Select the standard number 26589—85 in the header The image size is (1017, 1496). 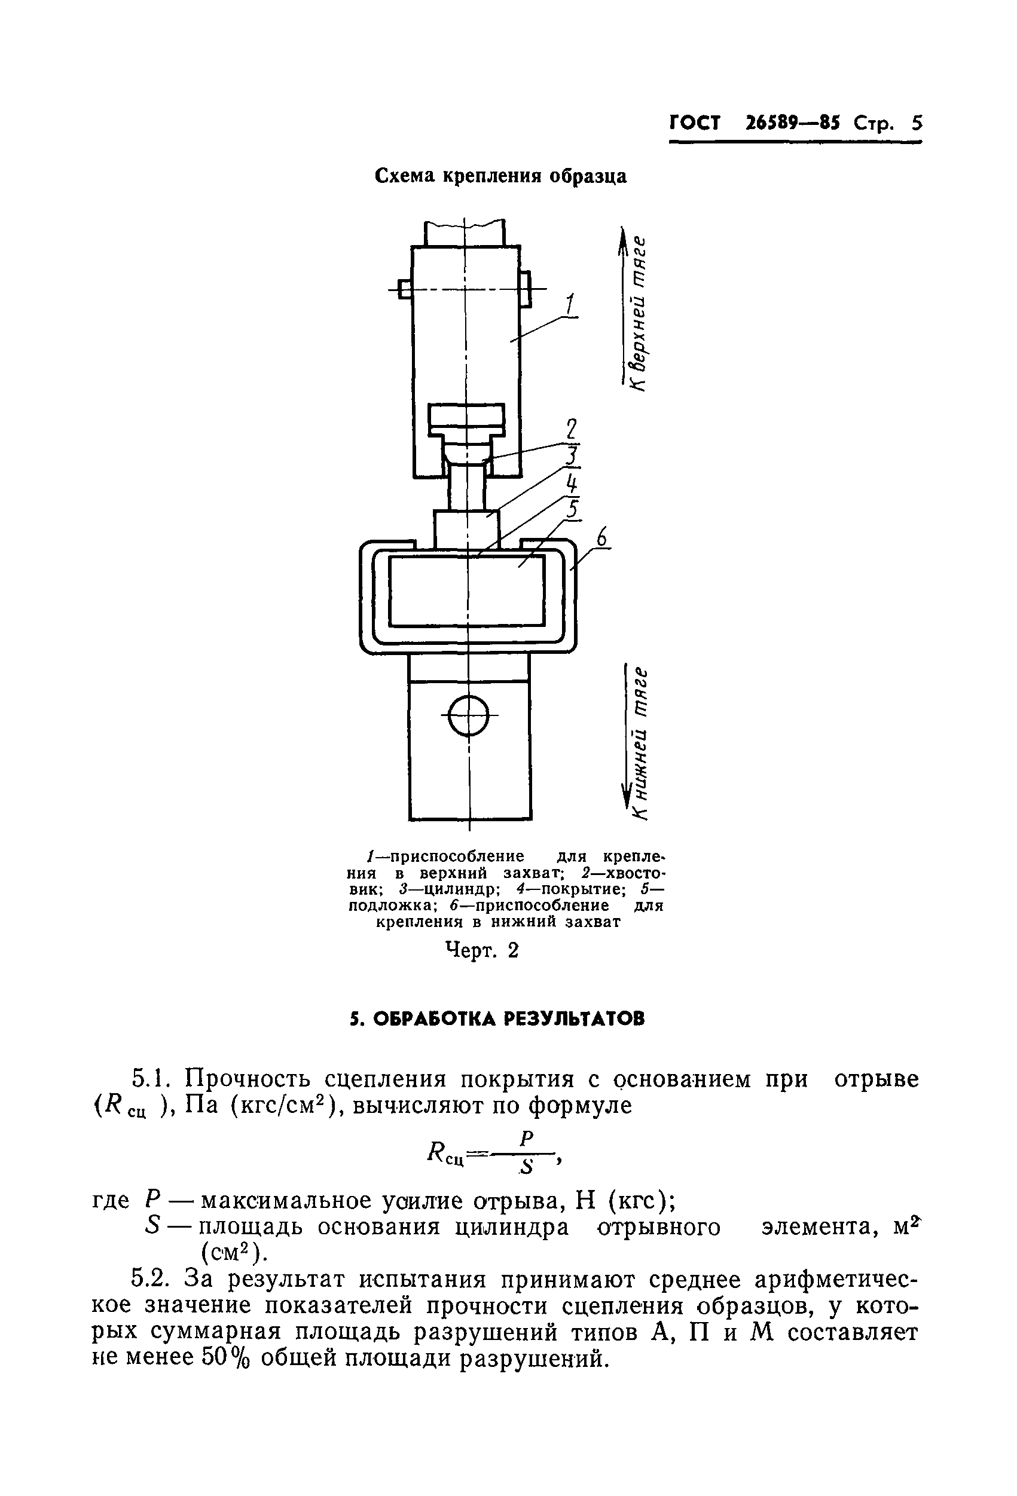click(x=792, y=123)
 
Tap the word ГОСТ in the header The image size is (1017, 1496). click(x=695, y=123)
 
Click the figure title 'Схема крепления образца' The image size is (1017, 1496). click(x=500, y=176)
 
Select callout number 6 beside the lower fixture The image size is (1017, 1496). click(x=601, y=537)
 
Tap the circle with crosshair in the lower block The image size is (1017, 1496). click(x=469, y=715)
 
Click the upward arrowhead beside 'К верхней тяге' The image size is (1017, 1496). click(x=623, y=240)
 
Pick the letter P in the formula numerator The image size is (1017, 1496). click(x=526, y=1139)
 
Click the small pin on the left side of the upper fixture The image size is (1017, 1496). click(x=405, y=289)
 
